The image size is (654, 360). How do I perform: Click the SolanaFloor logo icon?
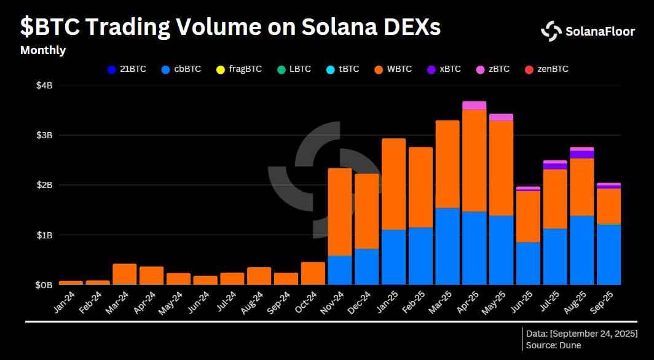(551, 31)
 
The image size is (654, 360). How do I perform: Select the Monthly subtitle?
(43, 50)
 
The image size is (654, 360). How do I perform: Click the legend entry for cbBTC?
(181, 69)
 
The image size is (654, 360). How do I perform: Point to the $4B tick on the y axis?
(45, 85)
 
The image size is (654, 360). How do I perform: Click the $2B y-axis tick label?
(45, 185)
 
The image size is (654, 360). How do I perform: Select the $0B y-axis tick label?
(45, 285)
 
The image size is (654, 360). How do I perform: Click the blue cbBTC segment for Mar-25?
(447, 246)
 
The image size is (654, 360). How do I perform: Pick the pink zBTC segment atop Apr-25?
(475, 105)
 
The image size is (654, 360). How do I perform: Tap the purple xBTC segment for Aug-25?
(582, 154)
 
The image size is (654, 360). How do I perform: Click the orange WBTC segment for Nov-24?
(340, 211)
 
